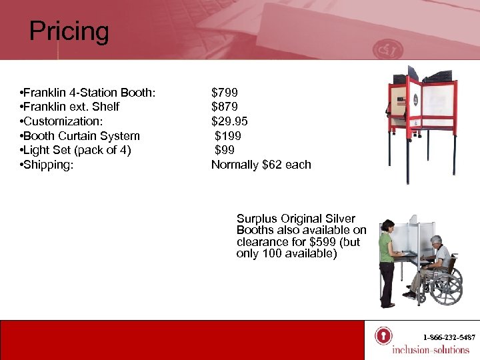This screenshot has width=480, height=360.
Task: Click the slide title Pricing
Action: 69,31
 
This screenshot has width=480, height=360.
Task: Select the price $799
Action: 225,93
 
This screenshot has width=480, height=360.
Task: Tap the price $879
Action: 225,107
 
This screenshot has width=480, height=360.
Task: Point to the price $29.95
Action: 230,121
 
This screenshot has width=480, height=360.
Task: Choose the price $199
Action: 228,136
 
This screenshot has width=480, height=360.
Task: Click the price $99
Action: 225,150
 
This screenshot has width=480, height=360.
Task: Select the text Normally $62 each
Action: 261,165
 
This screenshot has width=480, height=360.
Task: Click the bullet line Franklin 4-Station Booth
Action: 88,93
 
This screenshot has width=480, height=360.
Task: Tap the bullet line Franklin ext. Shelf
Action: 70,107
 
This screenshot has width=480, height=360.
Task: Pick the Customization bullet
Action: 61,121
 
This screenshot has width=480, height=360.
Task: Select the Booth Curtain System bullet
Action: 80,136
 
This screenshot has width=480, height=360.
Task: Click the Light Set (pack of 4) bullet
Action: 75,150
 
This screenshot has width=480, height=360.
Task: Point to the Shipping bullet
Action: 46,165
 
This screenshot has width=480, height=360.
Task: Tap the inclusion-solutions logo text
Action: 431,350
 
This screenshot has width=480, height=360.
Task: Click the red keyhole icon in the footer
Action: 383,335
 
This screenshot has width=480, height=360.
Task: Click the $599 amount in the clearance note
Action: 324,243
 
